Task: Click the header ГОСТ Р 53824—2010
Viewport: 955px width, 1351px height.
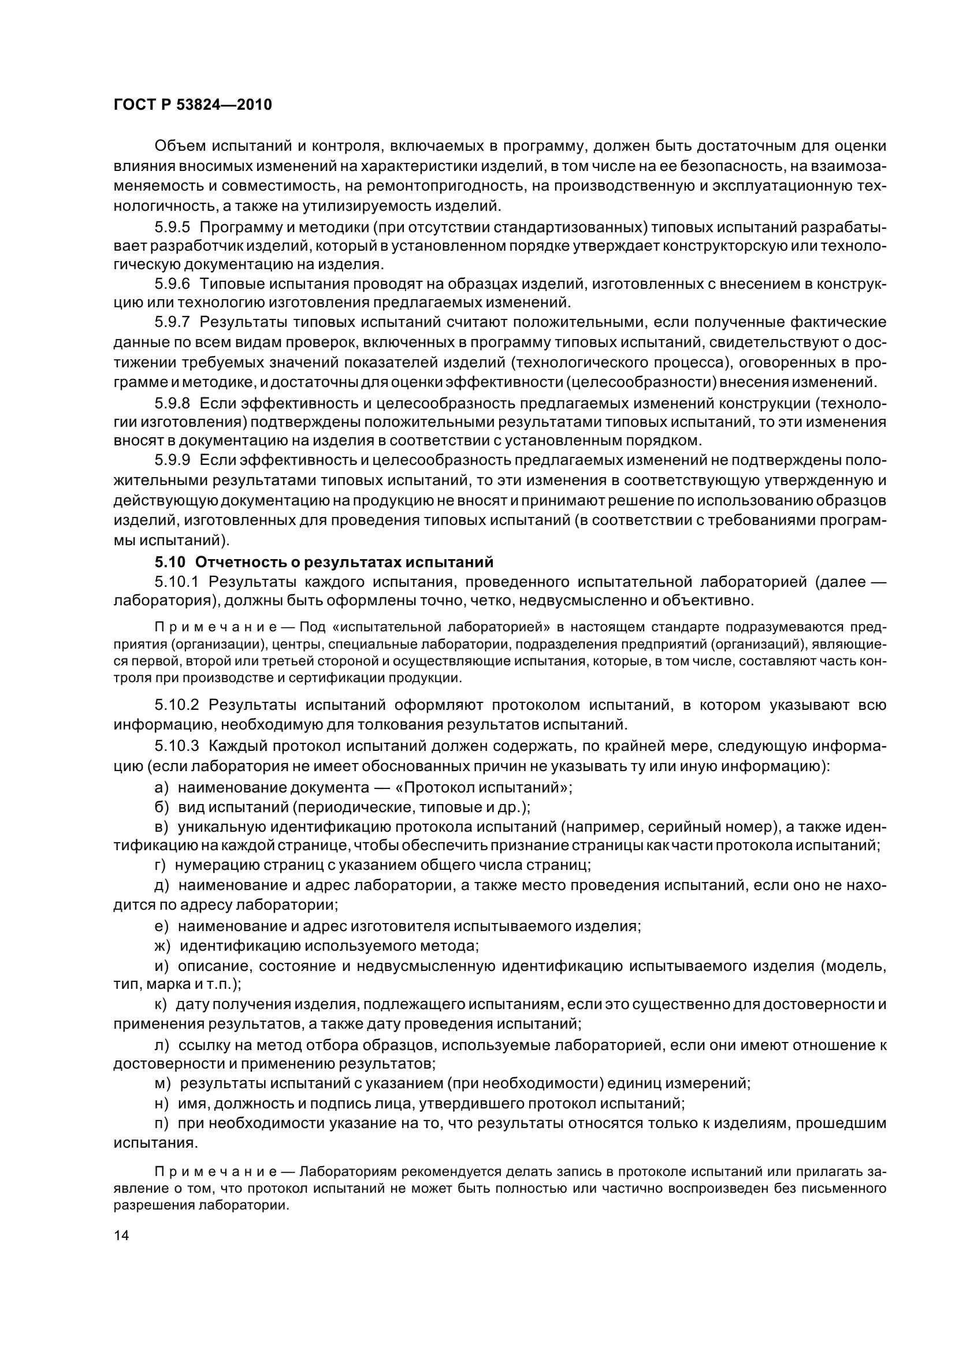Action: pos(192,105)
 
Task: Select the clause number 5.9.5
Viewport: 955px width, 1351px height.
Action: pos(172,227)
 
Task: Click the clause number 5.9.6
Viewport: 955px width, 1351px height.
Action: pos(172,284)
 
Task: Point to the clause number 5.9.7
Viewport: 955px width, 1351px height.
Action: pos(172,322)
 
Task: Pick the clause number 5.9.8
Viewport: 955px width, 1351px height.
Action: pos(172,403)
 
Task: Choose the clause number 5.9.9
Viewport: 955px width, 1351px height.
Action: pos(172,460)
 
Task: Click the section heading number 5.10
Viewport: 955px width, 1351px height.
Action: pos(170,563)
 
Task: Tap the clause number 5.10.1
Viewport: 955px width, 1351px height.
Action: pos(177,583)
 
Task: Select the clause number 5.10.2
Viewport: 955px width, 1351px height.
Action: pos(177,705)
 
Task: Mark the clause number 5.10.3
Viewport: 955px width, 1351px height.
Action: pos(177,746)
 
